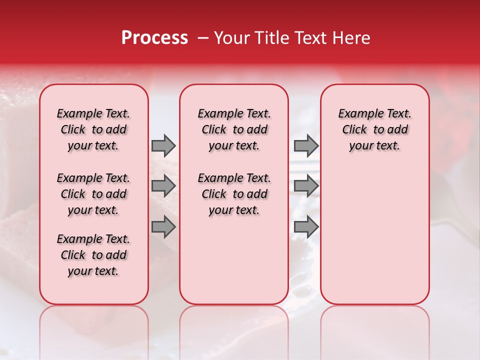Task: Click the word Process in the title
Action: [x=154, y=38]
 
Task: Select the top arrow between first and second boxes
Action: [x=163, y=145]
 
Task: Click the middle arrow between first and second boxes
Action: [x=163, y=186]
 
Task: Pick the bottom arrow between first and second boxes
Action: [x=163, y=227]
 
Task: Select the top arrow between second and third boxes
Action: [x=306, y=145]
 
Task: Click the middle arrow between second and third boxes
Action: [x=306, y=186]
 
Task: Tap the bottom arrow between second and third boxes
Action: [x=306, y=227]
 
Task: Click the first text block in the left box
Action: [x=93, y=129]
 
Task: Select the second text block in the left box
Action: [x=93, y=194]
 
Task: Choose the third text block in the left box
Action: [x=93, y=255]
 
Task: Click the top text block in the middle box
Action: [x=234, y=129]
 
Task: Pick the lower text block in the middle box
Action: [x=234, y=194]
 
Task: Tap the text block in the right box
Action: [x=374, y=129]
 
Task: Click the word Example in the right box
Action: [x=357, y=114]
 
